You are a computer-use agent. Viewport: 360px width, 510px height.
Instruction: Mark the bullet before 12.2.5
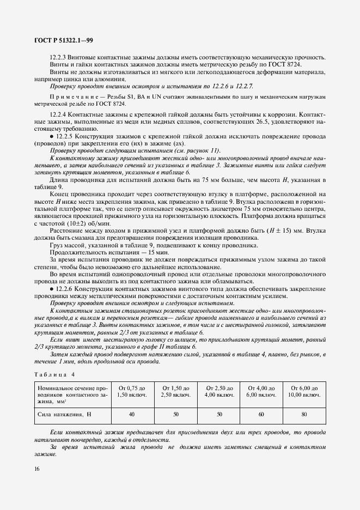52,135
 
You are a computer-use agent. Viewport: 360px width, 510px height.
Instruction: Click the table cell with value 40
131,415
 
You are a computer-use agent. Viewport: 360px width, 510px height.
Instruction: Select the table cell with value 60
260,415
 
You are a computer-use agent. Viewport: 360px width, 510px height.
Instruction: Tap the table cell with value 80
303,415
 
